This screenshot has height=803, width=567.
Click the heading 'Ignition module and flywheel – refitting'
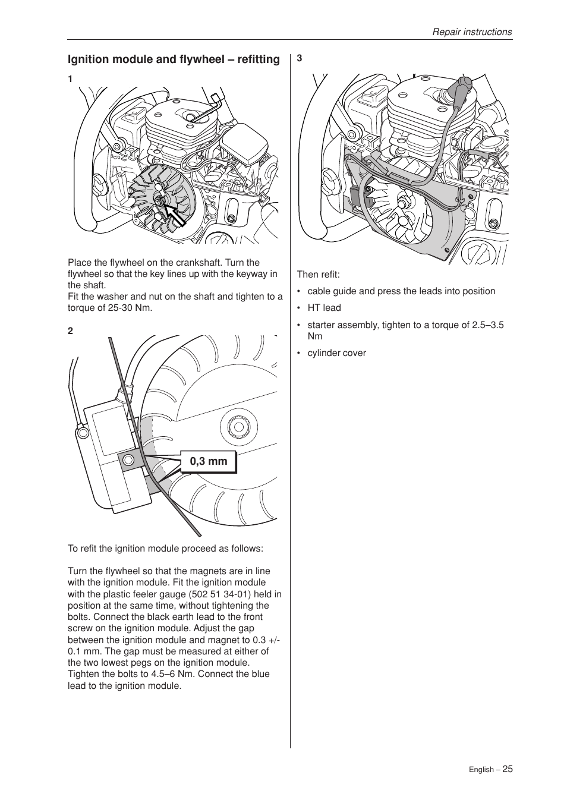[174, 59]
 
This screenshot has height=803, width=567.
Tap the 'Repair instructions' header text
[471, 32]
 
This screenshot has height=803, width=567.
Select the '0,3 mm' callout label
[208, 461]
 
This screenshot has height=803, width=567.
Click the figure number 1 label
[70, 79]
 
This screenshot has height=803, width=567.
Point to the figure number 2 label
[70, 331]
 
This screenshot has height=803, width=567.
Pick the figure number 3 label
[300, 58]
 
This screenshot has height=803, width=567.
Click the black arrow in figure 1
[175, 214]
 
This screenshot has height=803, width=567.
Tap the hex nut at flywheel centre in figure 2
[238, 427]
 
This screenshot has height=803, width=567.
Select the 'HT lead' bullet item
[324, 308]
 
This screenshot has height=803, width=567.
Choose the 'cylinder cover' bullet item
[336, 353]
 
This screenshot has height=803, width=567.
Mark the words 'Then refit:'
[319, 275]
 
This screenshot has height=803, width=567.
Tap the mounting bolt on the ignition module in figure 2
[128, 459]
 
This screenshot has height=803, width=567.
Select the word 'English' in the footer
[480, 770]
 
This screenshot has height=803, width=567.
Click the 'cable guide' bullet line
[401, 291]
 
